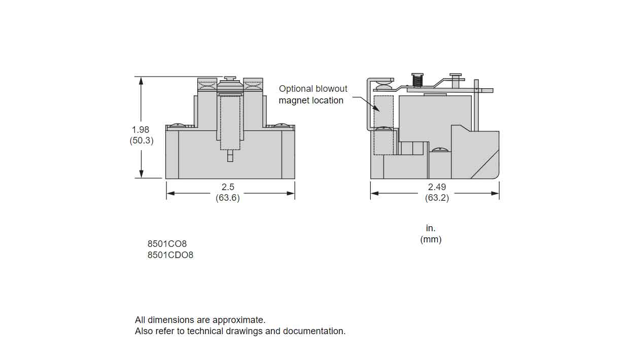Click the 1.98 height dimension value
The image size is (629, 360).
pyautogui.click(x=141, y=130)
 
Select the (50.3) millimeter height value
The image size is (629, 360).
pyautogui.click(x=141, y=141)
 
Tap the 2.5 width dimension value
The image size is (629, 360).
pyautogui.click(x=228, y=187)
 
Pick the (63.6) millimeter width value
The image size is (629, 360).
pyautogui.click(x=228, y=198)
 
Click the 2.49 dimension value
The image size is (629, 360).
pyautogui.click(x=437, y=187)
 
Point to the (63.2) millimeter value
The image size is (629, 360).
pyautogui.click(x=437, y=198)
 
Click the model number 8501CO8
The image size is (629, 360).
pyautogui.click(x=167, y=244)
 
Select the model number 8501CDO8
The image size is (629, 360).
pyautogui.click(x=170, y=255)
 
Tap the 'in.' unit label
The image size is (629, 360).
pyautogui.click(x=431, y=228)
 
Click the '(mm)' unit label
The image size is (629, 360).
pyautogui.click(x=431, y=239)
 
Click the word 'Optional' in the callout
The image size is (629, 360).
pyautogui.click(x=296, y=89)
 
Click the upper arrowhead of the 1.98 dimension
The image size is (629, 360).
pyautogui.click(x=142, y=80)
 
